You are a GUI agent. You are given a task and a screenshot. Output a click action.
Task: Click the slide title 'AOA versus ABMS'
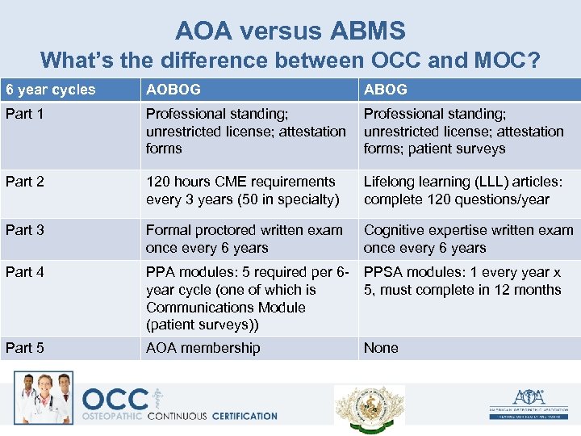point(290,31)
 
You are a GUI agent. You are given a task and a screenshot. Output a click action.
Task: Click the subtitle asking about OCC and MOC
point(290,61)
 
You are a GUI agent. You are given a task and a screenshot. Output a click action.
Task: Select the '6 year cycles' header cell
point(50,90)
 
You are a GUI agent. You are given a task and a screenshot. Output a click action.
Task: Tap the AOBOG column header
point(173,90)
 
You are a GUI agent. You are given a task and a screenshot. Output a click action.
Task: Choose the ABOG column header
point(386,90)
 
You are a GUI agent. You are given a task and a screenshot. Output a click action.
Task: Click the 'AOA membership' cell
point(203,348)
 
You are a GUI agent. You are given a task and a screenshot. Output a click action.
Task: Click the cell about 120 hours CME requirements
point(242,191)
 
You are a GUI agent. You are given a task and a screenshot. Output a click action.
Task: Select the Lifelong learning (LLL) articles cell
point(465,191)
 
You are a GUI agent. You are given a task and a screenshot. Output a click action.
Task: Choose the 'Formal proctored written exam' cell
point(244,239)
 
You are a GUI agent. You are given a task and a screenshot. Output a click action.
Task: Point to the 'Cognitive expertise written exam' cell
point(468,239)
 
